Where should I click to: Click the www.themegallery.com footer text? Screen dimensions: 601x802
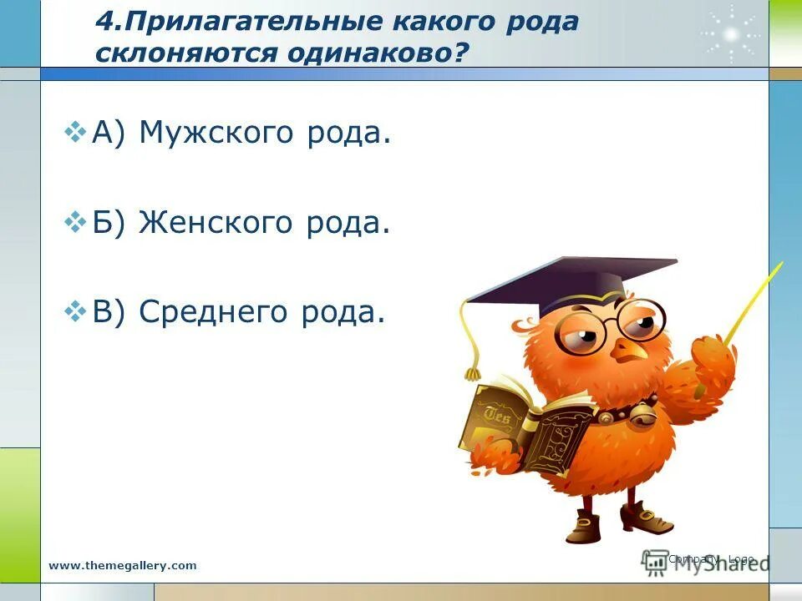pyautogui.click(x=123, y=565)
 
